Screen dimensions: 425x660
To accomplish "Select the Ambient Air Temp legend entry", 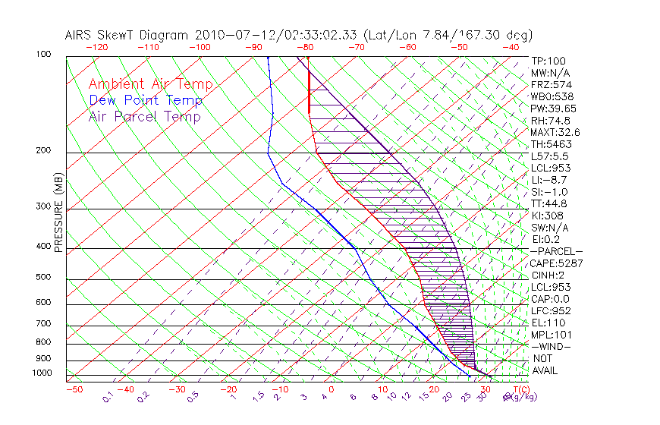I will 150,84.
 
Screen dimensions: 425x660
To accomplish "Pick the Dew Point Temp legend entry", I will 145,100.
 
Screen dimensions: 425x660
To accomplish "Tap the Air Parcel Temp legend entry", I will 144,116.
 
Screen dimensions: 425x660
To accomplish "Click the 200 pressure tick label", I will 43,150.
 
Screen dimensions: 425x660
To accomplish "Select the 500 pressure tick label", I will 43,277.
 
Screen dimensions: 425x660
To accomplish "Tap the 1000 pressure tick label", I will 42,373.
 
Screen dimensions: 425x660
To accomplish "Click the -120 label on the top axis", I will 96,47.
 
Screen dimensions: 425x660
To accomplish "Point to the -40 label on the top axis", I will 511,47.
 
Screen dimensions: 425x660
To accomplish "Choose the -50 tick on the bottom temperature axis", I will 74,389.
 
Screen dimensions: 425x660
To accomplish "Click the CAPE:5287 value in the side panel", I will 555,263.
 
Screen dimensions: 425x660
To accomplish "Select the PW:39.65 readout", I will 554,109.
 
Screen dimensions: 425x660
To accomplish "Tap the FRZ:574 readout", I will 551,84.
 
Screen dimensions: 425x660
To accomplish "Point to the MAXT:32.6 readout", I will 556,132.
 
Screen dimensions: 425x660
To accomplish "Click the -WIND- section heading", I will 552,346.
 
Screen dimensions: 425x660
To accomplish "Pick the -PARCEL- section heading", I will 556,251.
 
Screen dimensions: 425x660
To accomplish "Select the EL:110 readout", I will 548,323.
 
